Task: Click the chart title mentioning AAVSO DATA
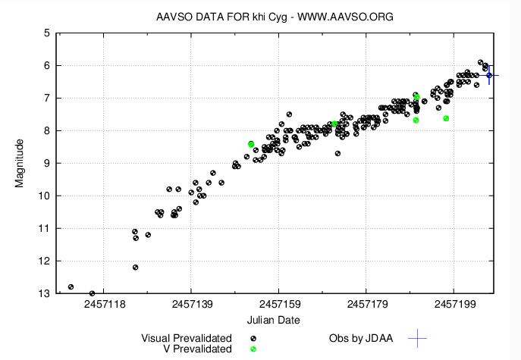[274, 17]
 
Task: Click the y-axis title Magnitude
[21, 163]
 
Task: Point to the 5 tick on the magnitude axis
[47, 33]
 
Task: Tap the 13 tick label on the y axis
[44, 293]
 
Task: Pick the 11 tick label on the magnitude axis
[44, 228]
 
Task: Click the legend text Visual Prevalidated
[187, 338]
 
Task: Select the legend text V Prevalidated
[197, 349]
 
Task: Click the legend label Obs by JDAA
[361, 338]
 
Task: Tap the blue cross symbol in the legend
[418, 338]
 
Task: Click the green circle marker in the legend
[254, 349]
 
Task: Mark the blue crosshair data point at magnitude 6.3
[489, 75]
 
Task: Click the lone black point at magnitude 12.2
[136, 267]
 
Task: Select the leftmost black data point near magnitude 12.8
[71, 286]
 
